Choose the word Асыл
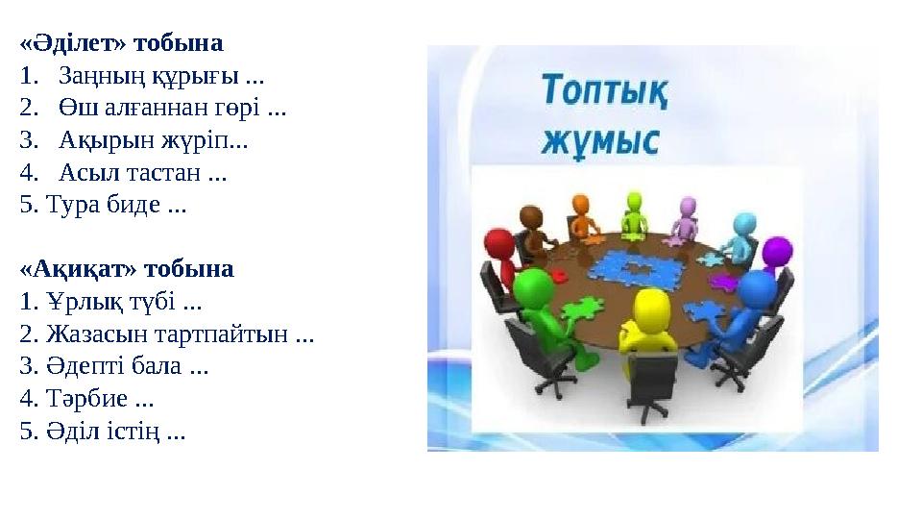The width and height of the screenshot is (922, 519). pyautogui.click(x=82, y=174)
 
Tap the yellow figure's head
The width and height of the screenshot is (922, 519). pyautogui.click(x=651, y=310)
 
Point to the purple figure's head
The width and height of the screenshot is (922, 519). pyautogui.click(x=777, y=252)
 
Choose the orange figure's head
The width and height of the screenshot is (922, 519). pyautogui.click(x=580, y=204)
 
